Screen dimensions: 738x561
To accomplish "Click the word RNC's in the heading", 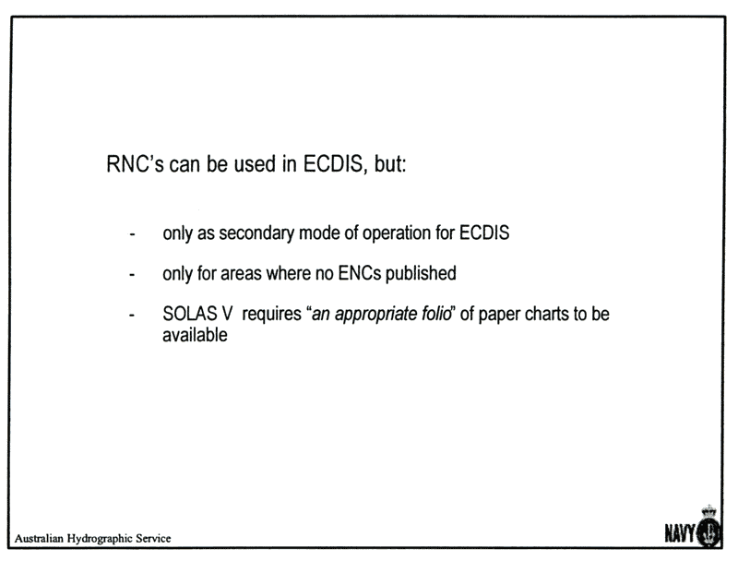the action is tap(135, 164).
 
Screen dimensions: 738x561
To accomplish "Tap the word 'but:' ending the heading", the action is tap(390, 164).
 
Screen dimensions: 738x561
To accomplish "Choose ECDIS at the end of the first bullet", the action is tap(484, 233).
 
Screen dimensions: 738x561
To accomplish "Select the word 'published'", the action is tap(421, 273).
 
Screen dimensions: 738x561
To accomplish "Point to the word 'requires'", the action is tap(271, 315).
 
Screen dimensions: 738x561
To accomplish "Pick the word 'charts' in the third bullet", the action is tap(547, 314).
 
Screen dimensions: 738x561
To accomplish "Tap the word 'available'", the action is tap(195, 335).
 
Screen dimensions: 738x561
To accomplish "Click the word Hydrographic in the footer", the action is tap(100, 539).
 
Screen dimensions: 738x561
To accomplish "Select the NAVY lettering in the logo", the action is tap(680, 533).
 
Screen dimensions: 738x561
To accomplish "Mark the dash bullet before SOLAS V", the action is tap(132, 315).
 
